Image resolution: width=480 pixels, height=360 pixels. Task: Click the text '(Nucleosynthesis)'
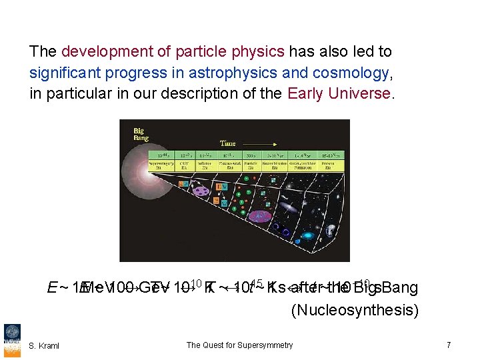pos(355,310)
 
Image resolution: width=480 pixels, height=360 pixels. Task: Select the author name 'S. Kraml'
pos(44,345)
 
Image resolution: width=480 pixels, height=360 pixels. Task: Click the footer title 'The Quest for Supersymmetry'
pos(239,345)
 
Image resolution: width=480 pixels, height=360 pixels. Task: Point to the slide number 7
pos(449,345)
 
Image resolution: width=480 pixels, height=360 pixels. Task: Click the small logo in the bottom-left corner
pos(12,337)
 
